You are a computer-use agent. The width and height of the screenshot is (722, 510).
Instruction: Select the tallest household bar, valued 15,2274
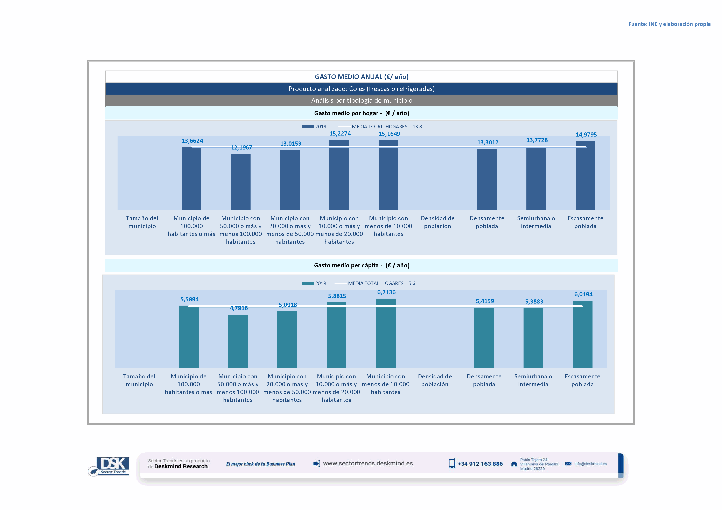(339, 175)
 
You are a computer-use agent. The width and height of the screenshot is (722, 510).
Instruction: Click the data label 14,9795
(586, 135)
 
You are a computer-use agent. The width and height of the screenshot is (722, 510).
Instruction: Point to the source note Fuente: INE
(669, 24)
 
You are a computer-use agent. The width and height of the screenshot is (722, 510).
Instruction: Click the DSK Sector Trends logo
(110, 466)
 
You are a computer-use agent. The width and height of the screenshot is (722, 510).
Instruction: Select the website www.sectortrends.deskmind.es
(368, 464)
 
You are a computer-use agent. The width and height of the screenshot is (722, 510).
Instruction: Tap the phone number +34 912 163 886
(480, 464)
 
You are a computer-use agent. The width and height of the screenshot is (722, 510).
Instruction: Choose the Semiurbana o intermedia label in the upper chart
(536, 222)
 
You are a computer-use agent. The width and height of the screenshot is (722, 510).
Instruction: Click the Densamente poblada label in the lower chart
(484, 380)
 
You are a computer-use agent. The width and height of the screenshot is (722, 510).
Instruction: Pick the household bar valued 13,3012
(487, 179)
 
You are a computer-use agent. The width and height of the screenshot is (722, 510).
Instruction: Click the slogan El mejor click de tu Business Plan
(260, 464)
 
